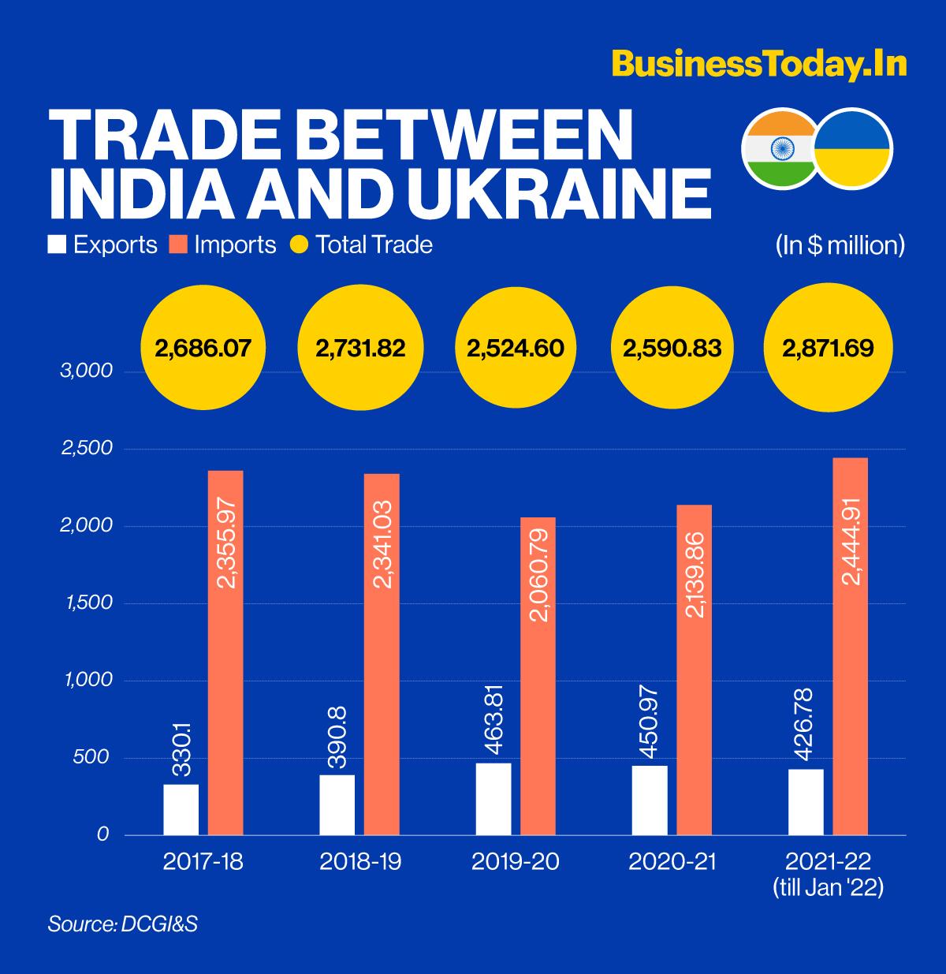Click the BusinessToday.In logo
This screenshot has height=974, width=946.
pos(758,64)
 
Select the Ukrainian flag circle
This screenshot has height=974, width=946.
pos(853,147)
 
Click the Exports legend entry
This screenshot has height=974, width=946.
pos(103,244)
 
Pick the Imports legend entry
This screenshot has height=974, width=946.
pos(223,244)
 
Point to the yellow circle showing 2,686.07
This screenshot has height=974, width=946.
pos(202,348)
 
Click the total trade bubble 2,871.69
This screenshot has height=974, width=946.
pos(827,348)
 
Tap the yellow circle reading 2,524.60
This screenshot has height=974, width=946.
pos(515,348)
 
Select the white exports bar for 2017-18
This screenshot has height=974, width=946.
pos(181,809)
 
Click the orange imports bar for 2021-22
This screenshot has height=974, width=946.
pos(850,646)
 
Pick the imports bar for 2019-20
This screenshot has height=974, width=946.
pos(538,676)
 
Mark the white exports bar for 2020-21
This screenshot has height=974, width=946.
pos(650,800)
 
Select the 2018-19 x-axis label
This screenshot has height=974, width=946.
pos(360,861)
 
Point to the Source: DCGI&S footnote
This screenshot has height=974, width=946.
pos(122,924)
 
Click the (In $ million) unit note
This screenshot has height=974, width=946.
pos(839,244)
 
